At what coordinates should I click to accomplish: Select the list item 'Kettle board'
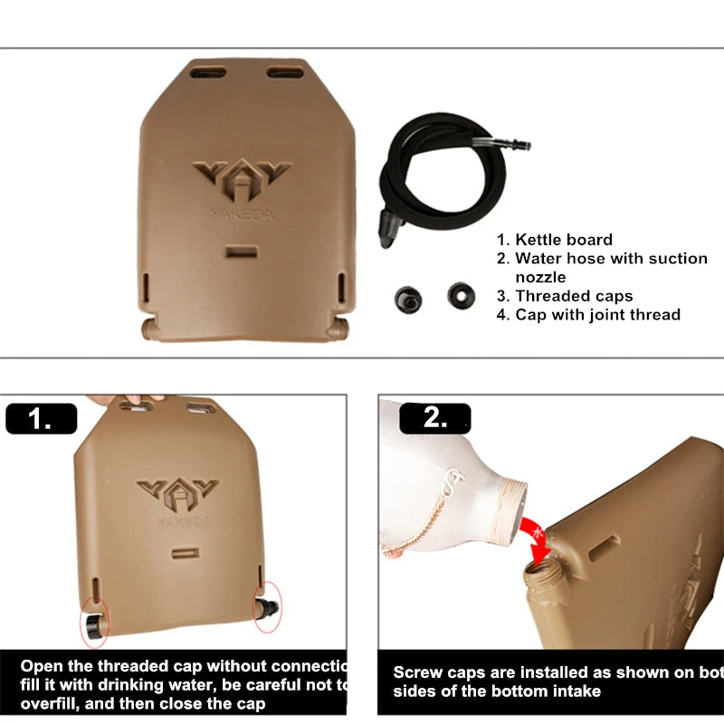point(564,240)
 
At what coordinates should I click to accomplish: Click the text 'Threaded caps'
point(574,296)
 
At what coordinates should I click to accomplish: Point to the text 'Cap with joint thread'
point(597,315)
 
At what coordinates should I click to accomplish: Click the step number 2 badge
point(434,419)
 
